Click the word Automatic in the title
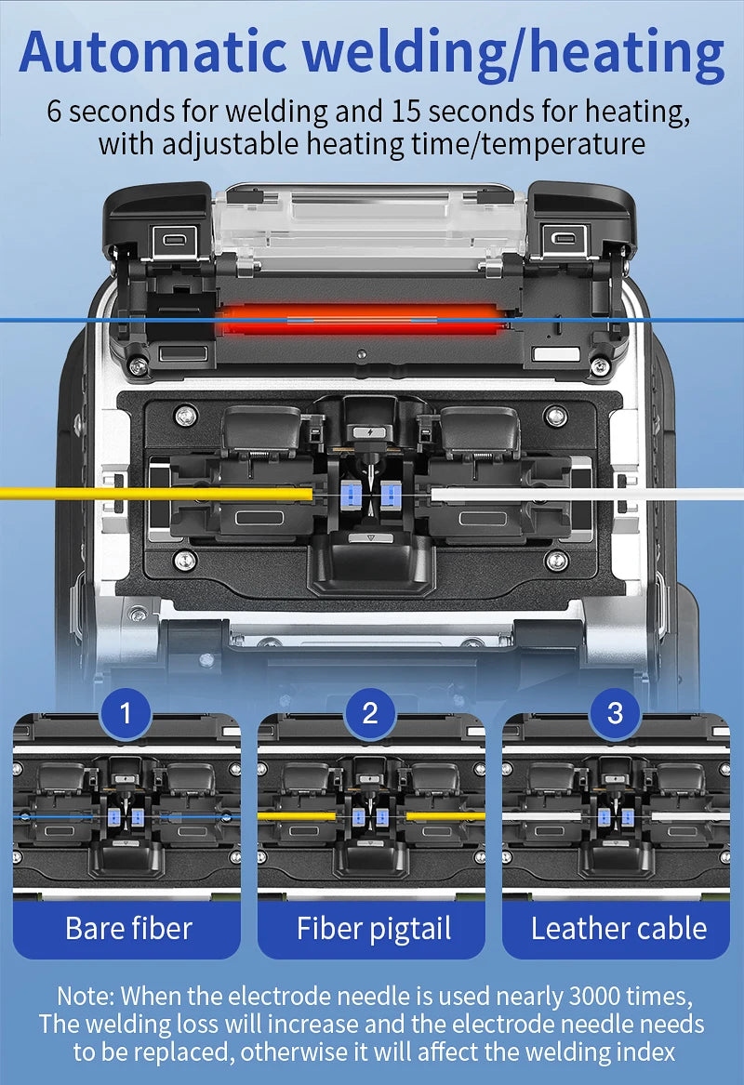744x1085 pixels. point(153,53)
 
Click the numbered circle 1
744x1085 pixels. point(126,713)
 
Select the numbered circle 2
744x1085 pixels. point(370,713)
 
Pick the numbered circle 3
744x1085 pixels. point(615,713)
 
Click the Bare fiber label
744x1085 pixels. point(128,929)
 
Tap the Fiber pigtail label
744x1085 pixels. point(374,930)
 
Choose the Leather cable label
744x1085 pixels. point(618,929)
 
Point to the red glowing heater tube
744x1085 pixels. point(360,320)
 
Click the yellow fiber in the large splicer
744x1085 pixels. point(156,494)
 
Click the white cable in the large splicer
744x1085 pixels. point(587,494)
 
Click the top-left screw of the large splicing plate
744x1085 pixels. point(185,416)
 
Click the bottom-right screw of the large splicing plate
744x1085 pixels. point(556,561)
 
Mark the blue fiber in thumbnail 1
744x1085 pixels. point(126,817)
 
